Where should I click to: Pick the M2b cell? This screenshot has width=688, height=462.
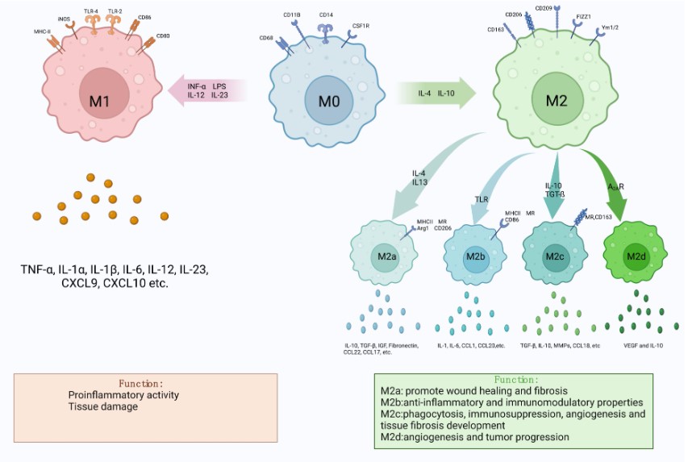pos(473,256)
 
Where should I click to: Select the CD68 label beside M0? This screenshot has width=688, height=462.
pos(266,37)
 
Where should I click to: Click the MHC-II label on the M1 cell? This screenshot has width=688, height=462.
pos(42,32)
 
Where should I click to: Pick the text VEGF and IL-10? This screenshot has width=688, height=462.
pos(641,344)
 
